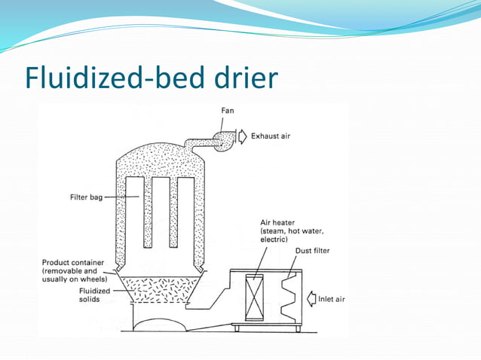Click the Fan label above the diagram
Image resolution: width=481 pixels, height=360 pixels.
(228, 111)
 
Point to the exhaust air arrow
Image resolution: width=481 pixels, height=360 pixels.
(242, 136)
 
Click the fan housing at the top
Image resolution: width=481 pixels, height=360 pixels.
(225, 138)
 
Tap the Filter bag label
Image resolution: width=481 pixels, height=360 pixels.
(81, 197)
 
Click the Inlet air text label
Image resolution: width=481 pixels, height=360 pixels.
(331, 300)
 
